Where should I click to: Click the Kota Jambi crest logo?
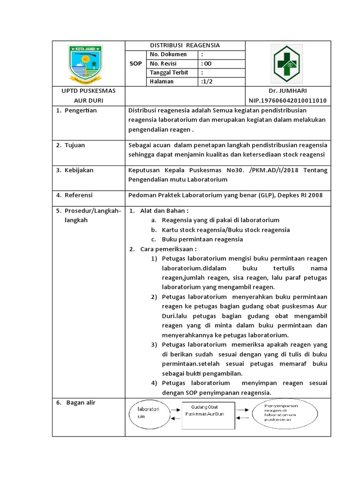tap(85, 63)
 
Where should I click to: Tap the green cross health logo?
tap(288, 63)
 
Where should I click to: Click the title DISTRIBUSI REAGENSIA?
tap(184, 45)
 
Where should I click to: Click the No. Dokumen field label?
tap(168, 54)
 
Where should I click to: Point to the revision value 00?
tap(207, 63)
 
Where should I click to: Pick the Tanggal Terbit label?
tap(171, 72)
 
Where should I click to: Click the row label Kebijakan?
tap(79, 170)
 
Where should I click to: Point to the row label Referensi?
tap(78, 195)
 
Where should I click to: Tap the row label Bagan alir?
tap(80, 402)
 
